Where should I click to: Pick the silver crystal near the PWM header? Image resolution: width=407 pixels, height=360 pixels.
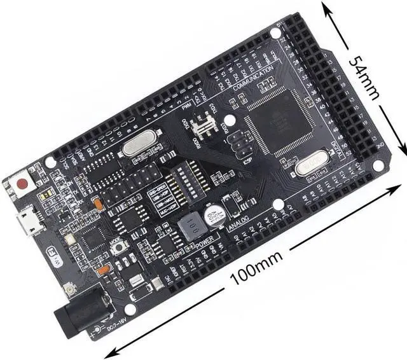click(x=138, y=147)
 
